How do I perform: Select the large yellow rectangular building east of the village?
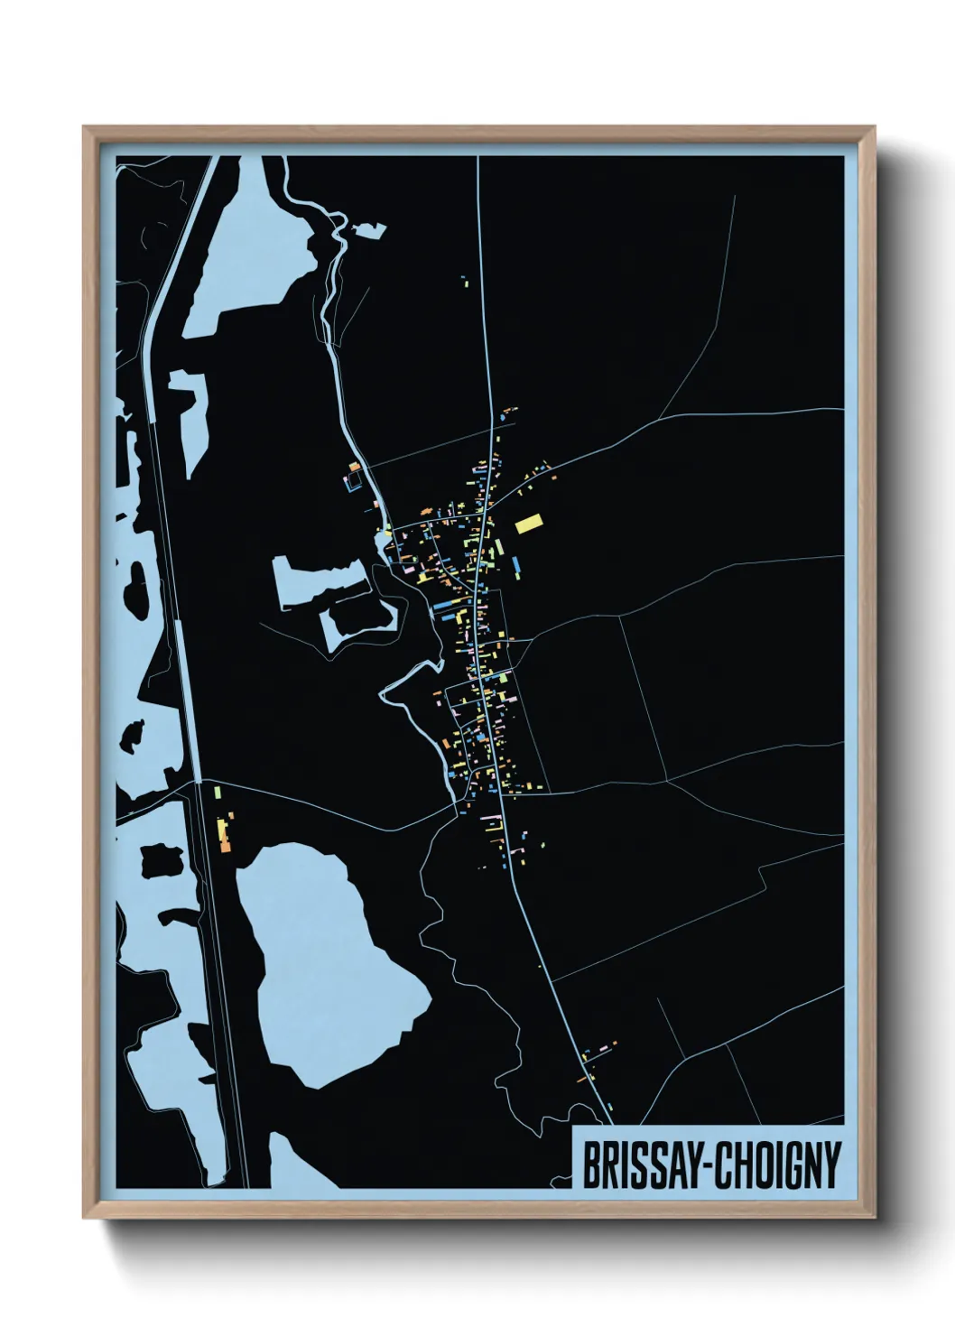pyautogui.click(x=529, y=523)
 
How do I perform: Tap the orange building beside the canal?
pyautogui.click(x=225, y=835)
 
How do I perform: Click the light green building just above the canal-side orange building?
pyautogui.click(x=218, y=793)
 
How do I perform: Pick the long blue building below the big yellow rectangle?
pyautogui.click(x=515, y=567)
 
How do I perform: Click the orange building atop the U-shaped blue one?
pyautogui.click(x=355, y=467)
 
